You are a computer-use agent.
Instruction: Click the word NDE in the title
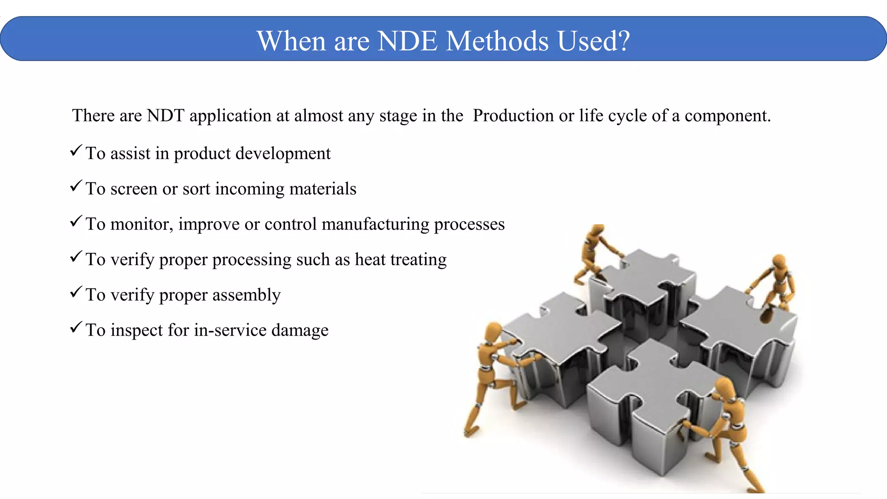(x=408, y=41)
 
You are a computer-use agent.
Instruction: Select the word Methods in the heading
(x=497, y=41)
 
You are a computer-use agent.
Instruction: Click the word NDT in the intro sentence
(x=165, y=116)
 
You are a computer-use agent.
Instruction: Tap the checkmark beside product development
(x=76, y=150)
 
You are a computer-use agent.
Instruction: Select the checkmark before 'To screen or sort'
(x=76, y=186)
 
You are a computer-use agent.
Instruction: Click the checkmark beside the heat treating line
(x=76, y=256)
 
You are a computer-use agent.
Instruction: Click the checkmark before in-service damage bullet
(x=76, y=327)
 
